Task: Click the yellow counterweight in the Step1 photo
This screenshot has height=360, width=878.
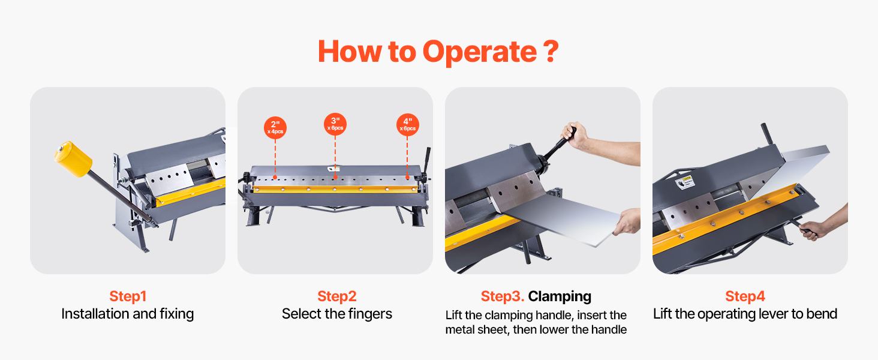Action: [x=74, y=158]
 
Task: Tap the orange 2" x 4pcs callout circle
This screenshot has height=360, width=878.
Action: [x=275, y=128]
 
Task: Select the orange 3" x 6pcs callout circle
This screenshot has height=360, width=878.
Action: [x=335, y=124]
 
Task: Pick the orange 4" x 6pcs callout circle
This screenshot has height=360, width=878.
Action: [x=408, y=125]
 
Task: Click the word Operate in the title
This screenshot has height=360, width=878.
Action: [x=479, y=52]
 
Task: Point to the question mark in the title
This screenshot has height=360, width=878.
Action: [x=551, y=51]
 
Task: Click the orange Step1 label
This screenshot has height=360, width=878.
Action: [x=128, y=296]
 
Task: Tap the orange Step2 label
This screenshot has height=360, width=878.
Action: [x=336, y=296]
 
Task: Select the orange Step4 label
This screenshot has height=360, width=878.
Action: [x=745, y=296]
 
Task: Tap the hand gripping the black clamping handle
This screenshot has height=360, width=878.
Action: [x=574, y=135]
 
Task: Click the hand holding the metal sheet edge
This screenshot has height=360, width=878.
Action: [x=627, y=222]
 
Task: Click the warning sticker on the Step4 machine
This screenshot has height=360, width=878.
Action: [x=685, y=182]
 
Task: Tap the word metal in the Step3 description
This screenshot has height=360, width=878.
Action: [x=460, y=329]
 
